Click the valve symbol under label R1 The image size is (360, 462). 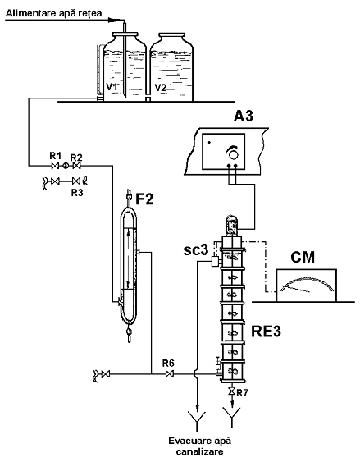pos(55,167)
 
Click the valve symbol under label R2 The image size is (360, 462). pos(77,166)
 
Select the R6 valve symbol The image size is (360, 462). pos(170,374)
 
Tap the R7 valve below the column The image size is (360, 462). pos(232,391)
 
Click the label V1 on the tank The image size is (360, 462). pos(112,87)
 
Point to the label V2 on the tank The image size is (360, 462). pos(161,88)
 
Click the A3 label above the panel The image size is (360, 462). pos(243,116)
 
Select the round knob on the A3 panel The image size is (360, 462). pos(233,154)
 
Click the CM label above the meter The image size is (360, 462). pos(303,257)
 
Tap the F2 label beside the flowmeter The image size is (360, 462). pos(144,199)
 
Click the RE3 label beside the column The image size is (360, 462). pos(266,332)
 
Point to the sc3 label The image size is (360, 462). pos(196,250)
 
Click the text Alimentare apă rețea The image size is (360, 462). pos(54,13)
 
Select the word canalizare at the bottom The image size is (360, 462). pos(200,451)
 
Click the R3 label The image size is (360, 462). pos(77,193)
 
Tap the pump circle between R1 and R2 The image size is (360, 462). pos(66,167)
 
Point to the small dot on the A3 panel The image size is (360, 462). pos(209,142)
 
